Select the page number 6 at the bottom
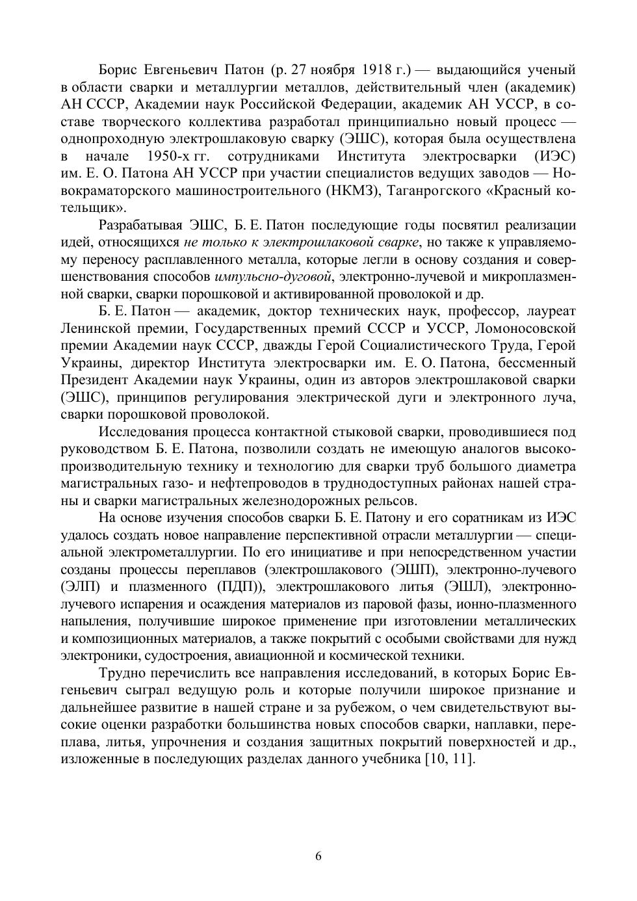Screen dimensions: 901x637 pos(318,855)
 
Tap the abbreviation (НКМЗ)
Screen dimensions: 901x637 pos(356,191)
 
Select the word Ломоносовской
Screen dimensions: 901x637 pos(528,328)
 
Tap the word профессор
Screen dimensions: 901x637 pos(480,311)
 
